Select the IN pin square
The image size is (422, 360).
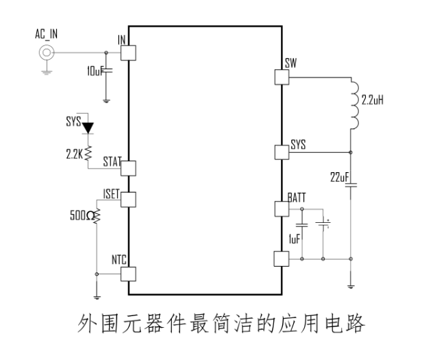coord(129,52)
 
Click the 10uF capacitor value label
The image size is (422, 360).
coord(92,71)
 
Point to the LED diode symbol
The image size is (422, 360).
coord(87,128)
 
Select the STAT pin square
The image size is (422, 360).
coord(129,168)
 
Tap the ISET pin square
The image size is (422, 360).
coord(129,200)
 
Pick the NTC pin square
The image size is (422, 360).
coord(129,274)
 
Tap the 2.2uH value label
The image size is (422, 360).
coord(374,100)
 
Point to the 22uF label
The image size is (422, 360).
coord(338,177)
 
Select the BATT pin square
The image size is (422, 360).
coord(282,208)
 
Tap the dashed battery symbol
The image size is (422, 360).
coord(323,224)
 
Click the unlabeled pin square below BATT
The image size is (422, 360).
coord(282,259)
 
